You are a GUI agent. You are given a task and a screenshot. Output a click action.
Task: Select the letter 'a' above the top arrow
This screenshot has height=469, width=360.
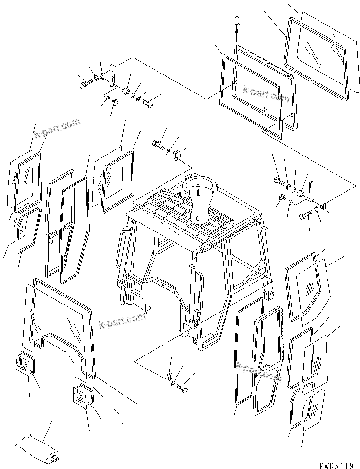237,20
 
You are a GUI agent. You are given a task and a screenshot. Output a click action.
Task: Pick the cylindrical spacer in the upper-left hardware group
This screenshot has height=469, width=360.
126,91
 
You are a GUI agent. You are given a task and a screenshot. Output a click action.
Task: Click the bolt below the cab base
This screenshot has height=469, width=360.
182,388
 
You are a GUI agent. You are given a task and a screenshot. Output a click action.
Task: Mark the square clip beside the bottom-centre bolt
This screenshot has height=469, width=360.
167,377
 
